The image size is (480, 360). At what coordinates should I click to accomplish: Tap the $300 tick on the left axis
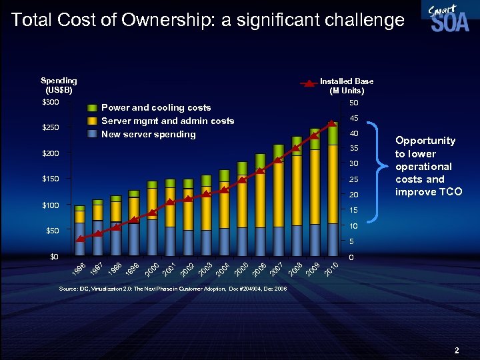click(51, 102)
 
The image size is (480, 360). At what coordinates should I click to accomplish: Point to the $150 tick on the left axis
click(51, 179)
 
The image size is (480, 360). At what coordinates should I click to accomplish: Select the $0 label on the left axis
click(54, 257)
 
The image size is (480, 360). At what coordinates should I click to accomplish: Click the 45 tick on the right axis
click(354, 119)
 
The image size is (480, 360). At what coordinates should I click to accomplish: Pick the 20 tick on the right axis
click(354, 195)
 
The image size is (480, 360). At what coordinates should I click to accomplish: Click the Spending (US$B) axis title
click(59, 85)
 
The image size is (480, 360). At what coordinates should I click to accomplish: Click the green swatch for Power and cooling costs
click(92, 108)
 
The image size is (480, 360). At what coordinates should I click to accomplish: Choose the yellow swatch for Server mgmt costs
click(92, 121)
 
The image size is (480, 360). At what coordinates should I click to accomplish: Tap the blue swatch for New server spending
click(92, 134)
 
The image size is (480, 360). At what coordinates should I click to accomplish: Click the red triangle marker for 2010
click(331, 123)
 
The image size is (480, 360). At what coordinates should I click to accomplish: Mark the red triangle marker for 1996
click(80, 239)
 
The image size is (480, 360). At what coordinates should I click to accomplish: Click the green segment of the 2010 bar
click(331, 133)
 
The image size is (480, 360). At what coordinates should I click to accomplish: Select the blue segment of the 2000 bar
click(152, 237)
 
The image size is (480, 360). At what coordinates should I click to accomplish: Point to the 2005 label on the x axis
click(242, 270)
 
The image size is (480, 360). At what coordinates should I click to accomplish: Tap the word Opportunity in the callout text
click(425, 141)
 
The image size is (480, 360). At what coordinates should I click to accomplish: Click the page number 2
click(457, 349)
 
